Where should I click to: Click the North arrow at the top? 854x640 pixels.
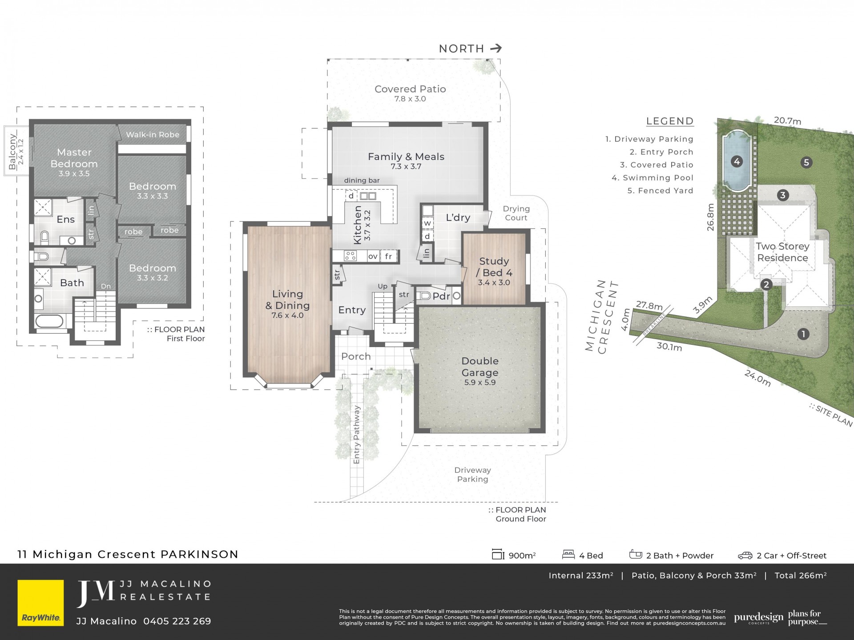click(x=496, y=48)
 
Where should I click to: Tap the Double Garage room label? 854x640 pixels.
click(x=480, y=367)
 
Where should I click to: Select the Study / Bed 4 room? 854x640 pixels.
click(x=494, y=268)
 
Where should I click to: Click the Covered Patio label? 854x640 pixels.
click(x=410, y=89)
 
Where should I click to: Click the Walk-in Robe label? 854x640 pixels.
click(x=153, y=135)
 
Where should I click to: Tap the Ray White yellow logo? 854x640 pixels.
click(x=41, y=603)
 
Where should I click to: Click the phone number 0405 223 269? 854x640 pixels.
click(x=177, y=621)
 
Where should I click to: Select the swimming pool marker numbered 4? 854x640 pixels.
click(x=737, y=161)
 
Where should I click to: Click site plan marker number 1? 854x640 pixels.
click(x=803, y=334)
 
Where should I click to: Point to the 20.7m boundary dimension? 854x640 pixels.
click(x=788, y=120)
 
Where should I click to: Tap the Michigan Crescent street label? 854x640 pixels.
click(x=602, y=316)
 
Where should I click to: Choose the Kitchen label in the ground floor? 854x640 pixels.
click(x=357, y=225)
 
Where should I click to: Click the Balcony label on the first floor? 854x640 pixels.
click(x=12, y=152)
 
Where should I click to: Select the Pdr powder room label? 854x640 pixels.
click(x=441, y=296)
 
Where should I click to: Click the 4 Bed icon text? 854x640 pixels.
click(x=591, y=556)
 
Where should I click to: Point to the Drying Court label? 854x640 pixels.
click(x=516, y=213)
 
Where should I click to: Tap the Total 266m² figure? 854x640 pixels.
click(x=801, y=576)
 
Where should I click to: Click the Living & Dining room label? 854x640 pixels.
click(x=288, y=300)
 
